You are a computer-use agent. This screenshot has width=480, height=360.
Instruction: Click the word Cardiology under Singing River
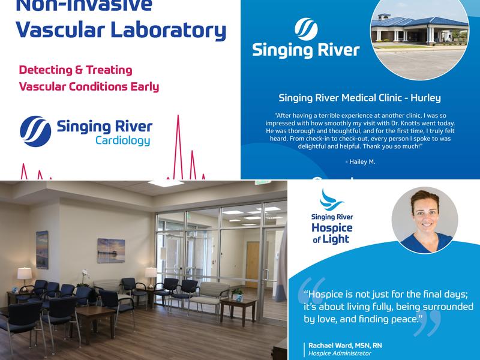click(x=122, y=142)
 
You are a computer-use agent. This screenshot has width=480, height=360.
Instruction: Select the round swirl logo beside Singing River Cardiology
click(x=35, y=131)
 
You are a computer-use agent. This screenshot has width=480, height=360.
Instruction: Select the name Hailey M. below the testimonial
click(x=360, y=162)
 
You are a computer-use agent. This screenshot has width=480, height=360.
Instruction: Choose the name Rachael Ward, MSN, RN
click(x=345, y=346)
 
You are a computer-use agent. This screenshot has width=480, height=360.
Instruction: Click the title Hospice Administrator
click(x=340, y=353)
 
